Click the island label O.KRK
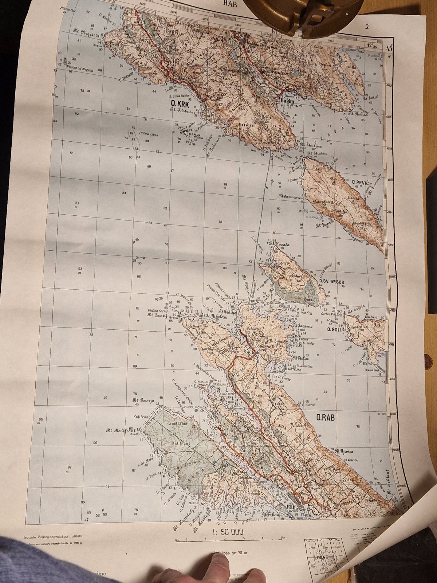tap(181, 104)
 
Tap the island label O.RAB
tap(325, 418)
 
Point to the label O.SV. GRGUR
tap(331, 281)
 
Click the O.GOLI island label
tap(334, 329)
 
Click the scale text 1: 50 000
tap(228, 532)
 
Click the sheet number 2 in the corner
tap(367, 26)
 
